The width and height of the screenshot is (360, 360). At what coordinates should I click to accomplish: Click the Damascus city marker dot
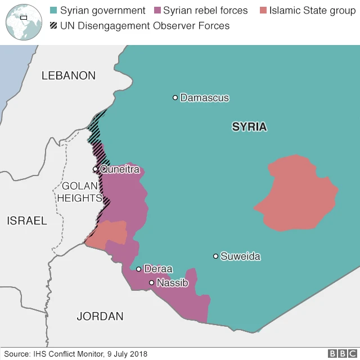coord(175,98)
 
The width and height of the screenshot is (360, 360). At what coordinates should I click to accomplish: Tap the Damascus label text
coord(205,98)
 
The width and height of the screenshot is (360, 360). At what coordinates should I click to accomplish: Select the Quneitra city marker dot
coord(96,169)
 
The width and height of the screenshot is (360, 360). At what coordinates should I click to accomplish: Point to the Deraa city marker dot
coord(138,269)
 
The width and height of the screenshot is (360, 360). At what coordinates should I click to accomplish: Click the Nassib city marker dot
coord(151,283)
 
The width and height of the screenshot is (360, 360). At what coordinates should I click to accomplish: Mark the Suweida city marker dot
coord(215,256)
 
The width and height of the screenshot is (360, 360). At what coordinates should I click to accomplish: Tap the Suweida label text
coord(240,256)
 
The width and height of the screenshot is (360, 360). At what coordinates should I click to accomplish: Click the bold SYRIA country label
coord(249,127)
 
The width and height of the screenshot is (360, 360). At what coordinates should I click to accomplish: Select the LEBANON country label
coord(69,75)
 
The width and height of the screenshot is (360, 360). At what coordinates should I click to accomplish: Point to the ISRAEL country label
coord(27,220)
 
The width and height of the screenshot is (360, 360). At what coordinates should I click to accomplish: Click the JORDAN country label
coord(100,317)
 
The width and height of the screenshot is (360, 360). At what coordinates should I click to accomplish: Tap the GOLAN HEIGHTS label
coord(79,192)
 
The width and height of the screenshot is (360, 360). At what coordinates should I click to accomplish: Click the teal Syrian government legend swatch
coord(54,11)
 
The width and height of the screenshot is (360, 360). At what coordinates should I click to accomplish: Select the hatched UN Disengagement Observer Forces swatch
coord(54,26)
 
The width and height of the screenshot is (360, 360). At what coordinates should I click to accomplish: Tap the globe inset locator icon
coord(21,20)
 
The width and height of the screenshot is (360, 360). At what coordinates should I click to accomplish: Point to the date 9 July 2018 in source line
coord(127,354)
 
